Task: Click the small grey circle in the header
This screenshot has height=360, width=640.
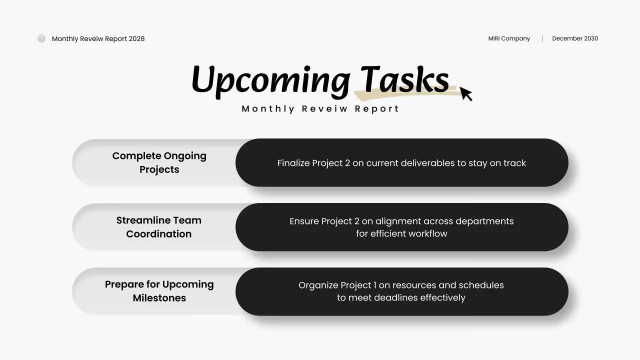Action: pyautogui.click(x=41, y=38)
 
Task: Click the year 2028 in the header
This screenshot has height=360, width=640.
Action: pyautogui.click(x=136, y=39)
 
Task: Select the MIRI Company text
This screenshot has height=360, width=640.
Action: pyautogui.click(x=509, y=38)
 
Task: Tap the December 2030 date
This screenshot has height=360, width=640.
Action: pyautogui.click(x=575, y=38)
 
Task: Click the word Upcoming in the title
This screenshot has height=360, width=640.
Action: pyautogui.click(x=270, y=80)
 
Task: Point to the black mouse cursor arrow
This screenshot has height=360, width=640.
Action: pyautogui.click(x=465, y=93)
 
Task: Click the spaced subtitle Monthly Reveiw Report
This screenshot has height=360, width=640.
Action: pyautogui.click(x=320, y=109)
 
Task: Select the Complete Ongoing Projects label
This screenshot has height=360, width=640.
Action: pyautogui.click(x=159, y=162)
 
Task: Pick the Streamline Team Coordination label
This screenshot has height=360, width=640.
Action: pyautogui.click(x=159, y=227)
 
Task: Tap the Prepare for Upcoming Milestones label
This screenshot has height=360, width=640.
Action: pyautogui.click(x=159, y=291)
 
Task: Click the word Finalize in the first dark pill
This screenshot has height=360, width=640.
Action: pyautogui.click(x=293, y=163)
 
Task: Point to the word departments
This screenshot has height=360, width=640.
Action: pyautogui.click(x=484, y=221)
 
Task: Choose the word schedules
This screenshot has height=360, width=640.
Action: pyautogui.click(x=481, y=285)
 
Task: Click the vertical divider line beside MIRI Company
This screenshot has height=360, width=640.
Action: pyautogui.click(x=542, y=38)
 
